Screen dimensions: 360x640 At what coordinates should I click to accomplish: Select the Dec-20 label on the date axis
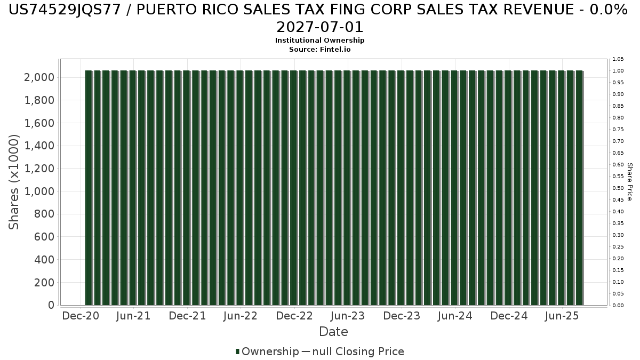pyautogui.click(x=81, y=316)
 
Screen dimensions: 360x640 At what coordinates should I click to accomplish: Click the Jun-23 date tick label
pyautogui.click(x=348, y=316)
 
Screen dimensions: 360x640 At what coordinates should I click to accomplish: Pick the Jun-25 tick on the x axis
pyautogui.click(x=562, y=316)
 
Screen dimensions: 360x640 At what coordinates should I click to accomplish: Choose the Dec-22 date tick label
pyautogui.click(x=294, y=316)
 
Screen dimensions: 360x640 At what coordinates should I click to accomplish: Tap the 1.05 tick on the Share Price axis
pyautogui.click(x=618, y=59)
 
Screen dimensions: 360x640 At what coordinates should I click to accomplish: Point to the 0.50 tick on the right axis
pyautogui.click(x=618, y=188)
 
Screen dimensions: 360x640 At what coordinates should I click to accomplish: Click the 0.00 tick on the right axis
pyautogui.click(x=618, y=305)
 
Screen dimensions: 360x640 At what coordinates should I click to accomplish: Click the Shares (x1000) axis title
pyautogui.click(x=14, y=182)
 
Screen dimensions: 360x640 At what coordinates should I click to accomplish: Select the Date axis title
pyautogui.click(x=333, y=332)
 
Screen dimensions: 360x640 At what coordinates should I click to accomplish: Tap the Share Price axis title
pyautogui.click(x=629, y=182)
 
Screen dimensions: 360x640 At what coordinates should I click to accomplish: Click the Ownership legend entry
pyautogui.click(x=267, y=351)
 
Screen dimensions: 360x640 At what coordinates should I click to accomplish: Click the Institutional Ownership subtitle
pyautogui.click(x=320, y=41)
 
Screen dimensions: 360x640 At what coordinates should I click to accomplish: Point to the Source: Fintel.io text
pyautogui.click(x=320, y=49)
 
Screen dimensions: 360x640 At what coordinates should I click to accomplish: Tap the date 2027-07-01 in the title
pyautogui.click(x=320, y=27)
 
